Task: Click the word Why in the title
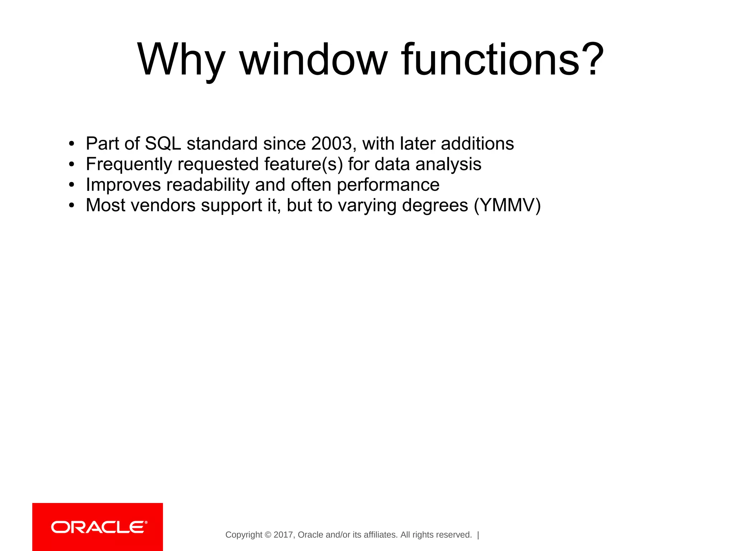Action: (x=181, y=60)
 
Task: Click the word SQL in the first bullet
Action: (x=163, y=144)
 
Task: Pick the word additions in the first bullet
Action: (x=477, y=144)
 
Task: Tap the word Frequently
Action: (x=129, y=165)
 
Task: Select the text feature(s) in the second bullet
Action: (x=304, y=165)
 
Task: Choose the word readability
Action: (x=208, y=185)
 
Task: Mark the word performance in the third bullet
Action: (x=388, y=185)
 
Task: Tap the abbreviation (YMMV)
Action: (x=507, y=206)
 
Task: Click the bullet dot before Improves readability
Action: (x=72, y=185)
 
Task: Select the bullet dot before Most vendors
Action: (x=72, y=206)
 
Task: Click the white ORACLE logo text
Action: (x=99, y=527)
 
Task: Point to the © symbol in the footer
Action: (x=268, y=535)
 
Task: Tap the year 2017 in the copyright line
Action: (x=283, y=535)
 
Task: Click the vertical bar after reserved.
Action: (x=478, y=535)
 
